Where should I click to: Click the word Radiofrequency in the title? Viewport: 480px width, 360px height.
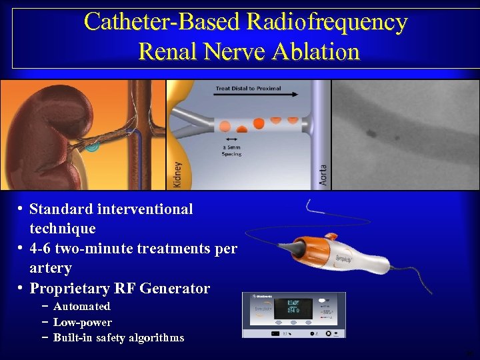click(327, 23)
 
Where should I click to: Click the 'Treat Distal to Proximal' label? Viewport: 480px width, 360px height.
click(248, 88)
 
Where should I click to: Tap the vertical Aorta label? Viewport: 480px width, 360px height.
click(323, 176)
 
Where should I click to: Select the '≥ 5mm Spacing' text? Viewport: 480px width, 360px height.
click(232, 150)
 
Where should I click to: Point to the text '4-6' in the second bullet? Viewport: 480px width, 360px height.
click(41, 249)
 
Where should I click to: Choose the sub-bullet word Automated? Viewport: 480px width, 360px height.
click(81, 307)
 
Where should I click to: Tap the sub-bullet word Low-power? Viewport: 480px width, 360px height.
click(82, 322)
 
